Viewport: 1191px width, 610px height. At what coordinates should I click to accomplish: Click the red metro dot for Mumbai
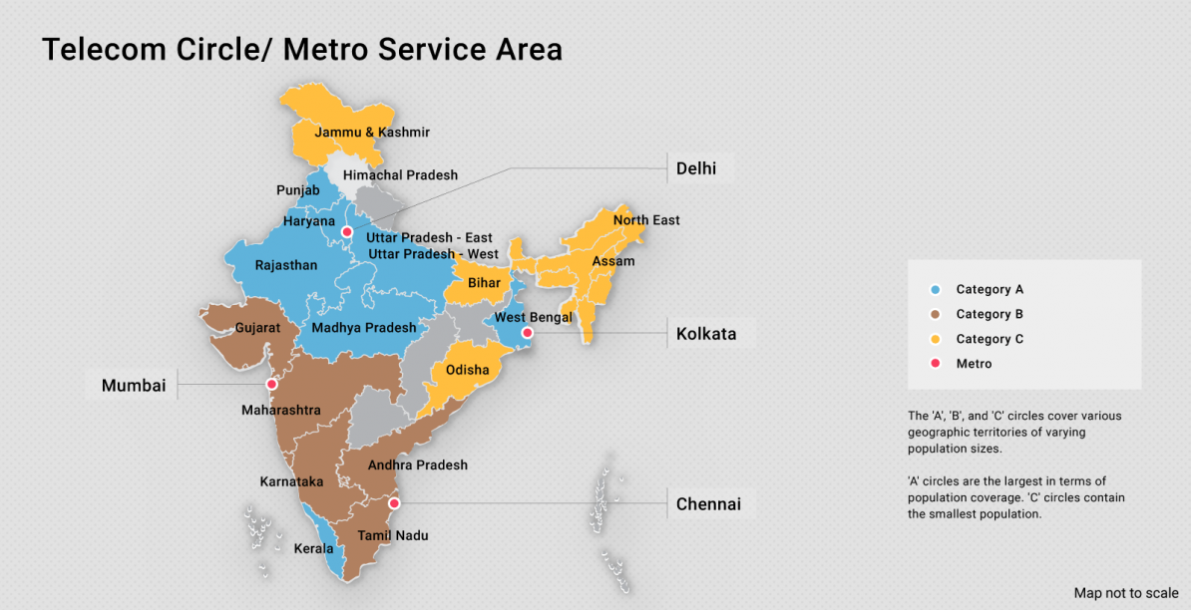[271, 384]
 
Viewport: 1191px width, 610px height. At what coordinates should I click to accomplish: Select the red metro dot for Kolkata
[528, 333]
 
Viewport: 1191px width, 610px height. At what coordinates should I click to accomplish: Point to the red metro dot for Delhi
[347, 232]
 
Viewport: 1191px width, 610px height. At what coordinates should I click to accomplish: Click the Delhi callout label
[696, 168]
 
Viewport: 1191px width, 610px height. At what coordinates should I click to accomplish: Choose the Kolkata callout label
[706, 334]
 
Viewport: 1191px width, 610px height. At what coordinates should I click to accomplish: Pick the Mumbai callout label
[134, 385]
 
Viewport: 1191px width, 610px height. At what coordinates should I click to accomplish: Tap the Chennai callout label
[708, 504]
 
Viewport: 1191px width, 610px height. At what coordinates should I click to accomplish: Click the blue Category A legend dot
[935, 290]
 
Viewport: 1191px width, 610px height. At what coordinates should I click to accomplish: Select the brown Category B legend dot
[935, 314]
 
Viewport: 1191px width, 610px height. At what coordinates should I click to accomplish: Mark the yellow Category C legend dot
[935, 339]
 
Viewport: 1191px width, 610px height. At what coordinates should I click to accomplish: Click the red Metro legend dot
[935, 364]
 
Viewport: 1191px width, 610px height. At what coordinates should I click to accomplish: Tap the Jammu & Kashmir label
[372, 133]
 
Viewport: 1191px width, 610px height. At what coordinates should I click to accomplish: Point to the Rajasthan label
[286, 265]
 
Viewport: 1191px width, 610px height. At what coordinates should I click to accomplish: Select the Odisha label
[468, 370]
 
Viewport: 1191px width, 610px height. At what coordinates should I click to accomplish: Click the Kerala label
[313, 548]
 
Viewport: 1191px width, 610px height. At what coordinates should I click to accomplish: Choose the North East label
[646, 219]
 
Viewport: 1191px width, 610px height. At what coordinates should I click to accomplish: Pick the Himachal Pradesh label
[400, 175]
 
